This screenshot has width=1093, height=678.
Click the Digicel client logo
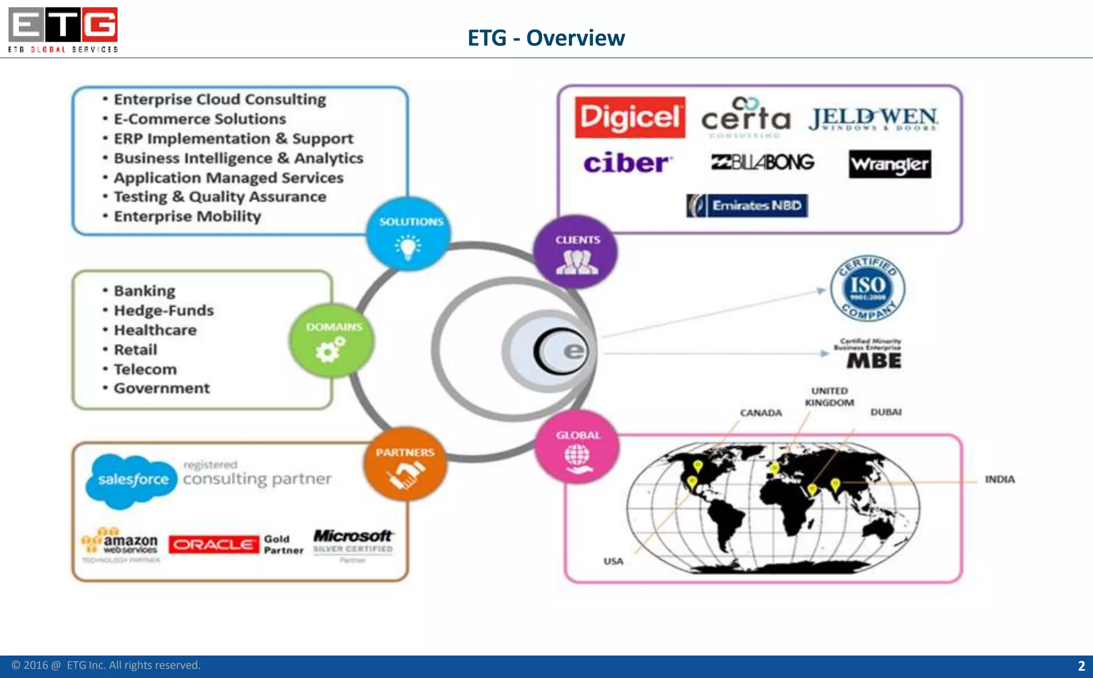point(630,117)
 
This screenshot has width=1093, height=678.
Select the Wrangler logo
point(890,164)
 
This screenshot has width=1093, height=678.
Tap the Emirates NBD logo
point(747,206)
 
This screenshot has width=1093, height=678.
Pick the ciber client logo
point(628,163)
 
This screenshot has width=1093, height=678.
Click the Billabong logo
point(763,162)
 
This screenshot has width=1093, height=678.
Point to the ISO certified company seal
point(867,288)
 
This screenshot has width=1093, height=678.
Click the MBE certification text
point(873,360)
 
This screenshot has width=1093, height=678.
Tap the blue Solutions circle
point(409,234)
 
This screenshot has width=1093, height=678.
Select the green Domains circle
point(332,340)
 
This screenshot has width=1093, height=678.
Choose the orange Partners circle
point(405,464)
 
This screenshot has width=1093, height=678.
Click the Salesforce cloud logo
point(132,480)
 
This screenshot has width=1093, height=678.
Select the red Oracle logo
point(214,545)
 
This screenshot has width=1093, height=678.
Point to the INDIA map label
point(1000,479)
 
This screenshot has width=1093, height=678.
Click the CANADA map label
point(761,413)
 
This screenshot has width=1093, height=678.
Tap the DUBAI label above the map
point(886,412)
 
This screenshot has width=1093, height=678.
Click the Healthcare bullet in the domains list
point(155,330)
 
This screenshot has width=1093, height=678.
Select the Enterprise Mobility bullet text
point(187,216)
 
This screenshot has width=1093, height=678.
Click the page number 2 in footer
point(1081,666)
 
